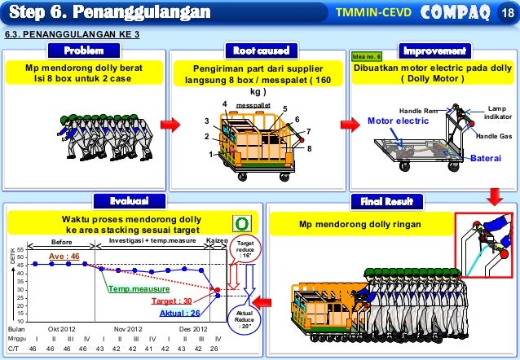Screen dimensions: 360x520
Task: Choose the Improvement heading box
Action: tap(434, 51)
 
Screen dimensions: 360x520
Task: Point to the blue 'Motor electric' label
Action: tap(396, 121)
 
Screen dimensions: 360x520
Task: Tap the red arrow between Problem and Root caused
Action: tap(170, 125)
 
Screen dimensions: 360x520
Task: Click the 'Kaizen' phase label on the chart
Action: tap(216, 241)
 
